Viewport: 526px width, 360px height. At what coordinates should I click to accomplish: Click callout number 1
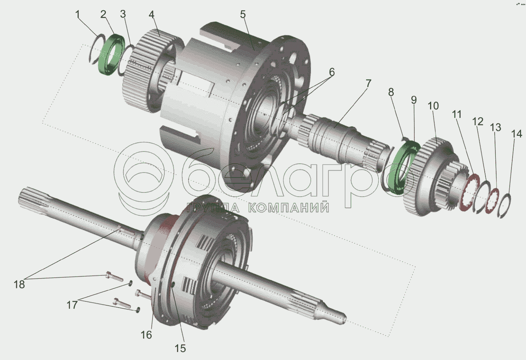78,15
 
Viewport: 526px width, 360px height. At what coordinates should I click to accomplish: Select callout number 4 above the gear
151,15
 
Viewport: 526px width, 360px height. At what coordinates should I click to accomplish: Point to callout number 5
243,15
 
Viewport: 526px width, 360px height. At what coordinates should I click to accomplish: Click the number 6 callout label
331,72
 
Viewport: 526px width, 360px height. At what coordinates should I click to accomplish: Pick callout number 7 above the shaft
368,84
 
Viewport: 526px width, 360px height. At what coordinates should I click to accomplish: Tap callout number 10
433,106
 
